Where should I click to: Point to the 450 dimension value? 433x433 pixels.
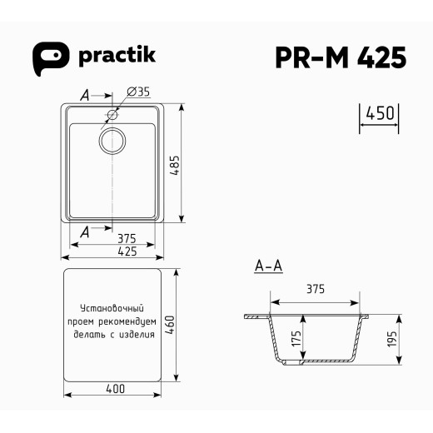pos(380,114)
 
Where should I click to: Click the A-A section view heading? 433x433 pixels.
pos(268,267)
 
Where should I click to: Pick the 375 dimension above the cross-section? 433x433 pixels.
pos(315,289)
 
